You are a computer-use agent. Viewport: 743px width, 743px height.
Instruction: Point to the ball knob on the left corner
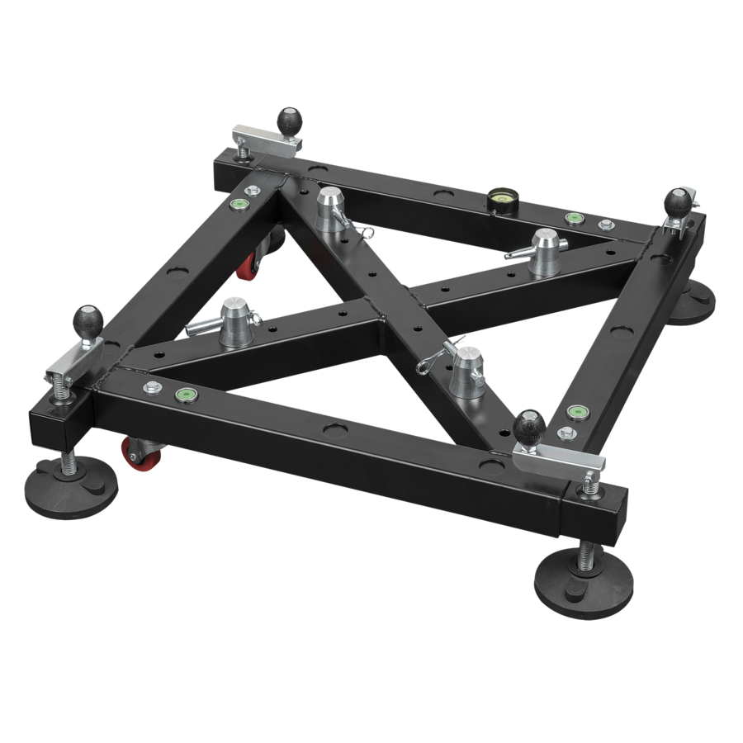tap(89, 318)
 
